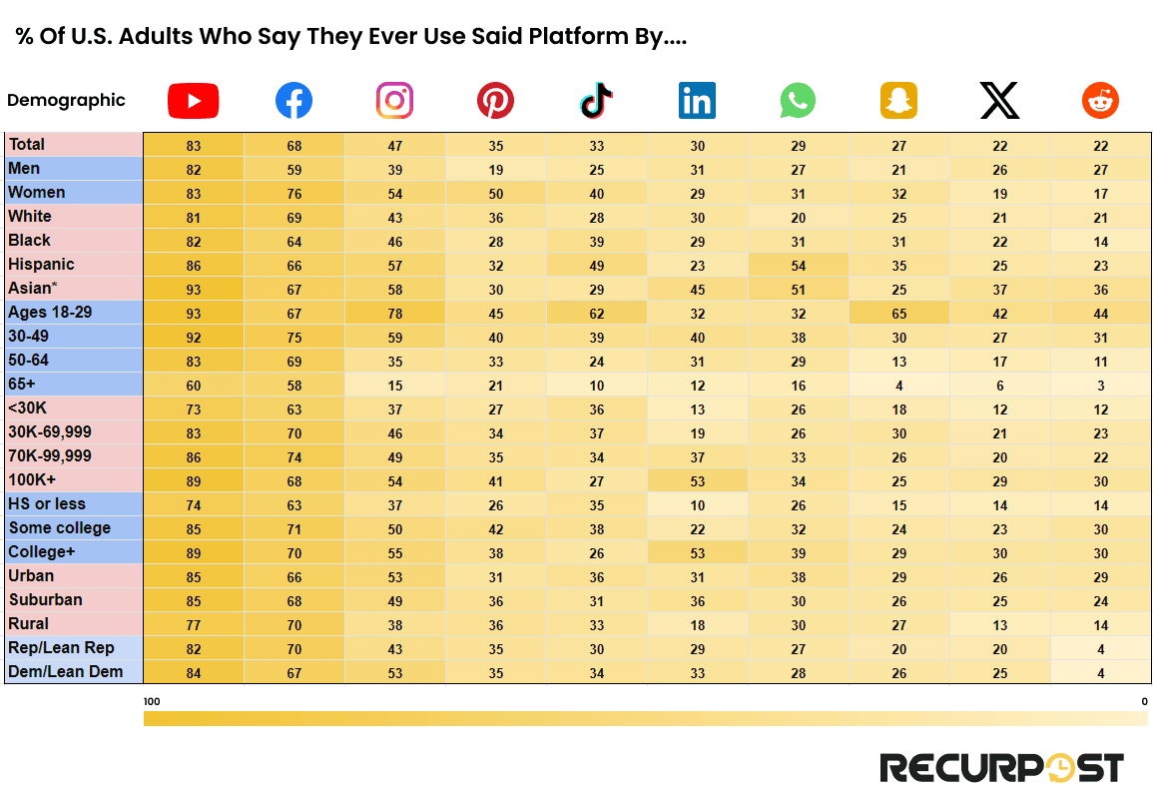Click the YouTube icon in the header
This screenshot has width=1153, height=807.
(x=193, y=101)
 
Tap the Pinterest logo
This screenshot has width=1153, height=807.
(x=495, y=101)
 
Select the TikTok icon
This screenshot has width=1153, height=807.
(x=596, y=101)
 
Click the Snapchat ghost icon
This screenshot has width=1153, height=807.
(x=898, y=101)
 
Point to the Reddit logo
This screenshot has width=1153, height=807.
(x=1100, y=101)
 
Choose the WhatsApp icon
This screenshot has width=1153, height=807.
(x=798, y=101)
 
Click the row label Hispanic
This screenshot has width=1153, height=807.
(x=41, y=265)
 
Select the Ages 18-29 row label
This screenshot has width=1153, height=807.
(x=50, y=313)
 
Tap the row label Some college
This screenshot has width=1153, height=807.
(x=60, y=528)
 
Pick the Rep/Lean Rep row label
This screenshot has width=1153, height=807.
(x=61, y=648)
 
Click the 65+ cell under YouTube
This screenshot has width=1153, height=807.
(x=194, y=386)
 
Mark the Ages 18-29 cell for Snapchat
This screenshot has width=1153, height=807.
(x=899, y=314)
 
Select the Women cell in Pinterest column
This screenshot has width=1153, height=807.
(x=496, y=194)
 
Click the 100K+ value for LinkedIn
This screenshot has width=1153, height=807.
(x=698, y=481)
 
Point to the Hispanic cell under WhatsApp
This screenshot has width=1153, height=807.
(x=799, y=266)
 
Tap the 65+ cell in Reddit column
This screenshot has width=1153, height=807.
(x=1100, y=386)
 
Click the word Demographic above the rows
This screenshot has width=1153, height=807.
(x=66, y=100)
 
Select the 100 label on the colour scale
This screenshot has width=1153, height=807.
(x=152, y=702)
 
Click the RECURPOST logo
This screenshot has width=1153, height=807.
(x=1001, y=768)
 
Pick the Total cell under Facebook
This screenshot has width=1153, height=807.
(x=294, y=146)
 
